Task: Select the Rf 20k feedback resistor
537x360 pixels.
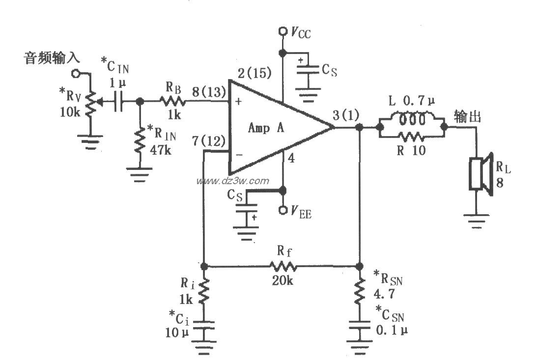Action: coord(283,267)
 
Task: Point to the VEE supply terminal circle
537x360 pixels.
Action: coord(283,211)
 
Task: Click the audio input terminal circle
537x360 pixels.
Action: coord(75,73)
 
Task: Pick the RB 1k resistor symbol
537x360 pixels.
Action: coord(171,102)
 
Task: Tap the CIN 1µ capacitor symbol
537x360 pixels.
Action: coord(116,102)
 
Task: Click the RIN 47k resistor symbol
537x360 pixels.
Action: coord(140,141)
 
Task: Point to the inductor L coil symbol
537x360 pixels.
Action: coord(412,120)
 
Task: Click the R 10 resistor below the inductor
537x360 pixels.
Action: coord(412,136)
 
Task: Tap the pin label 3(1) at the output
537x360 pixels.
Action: coord(345,116)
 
